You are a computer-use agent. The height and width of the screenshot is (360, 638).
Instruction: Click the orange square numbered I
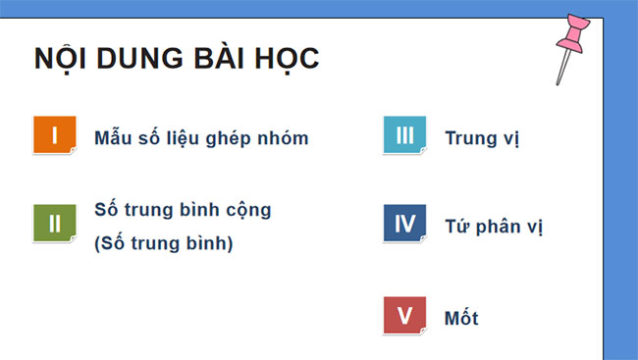pos(54,135)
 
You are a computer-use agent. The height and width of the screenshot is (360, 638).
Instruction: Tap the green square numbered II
pos(54,223)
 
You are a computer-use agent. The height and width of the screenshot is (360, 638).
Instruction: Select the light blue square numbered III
pos(403,135)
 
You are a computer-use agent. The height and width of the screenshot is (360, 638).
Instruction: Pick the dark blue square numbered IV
pos(403,223)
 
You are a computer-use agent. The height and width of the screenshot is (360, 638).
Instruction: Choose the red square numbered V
pos(403,315)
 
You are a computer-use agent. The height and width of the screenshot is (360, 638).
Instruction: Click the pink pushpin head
pos(574,37)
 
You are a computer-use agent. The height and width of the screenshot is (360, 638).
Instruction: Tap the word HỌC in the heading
pos(287,59)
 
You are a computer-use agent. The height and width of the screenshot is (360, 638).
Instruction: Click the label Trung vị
pos(482,138)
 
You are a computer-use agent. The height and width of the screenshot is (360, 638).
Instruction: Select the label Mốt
pos(461,319)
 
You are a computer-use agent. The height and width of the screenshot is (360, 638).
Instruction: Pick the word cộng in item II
pos(248,210)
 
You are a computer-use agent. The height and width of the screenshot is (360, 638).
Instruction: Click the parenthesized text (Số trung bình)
pos(164,242)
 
